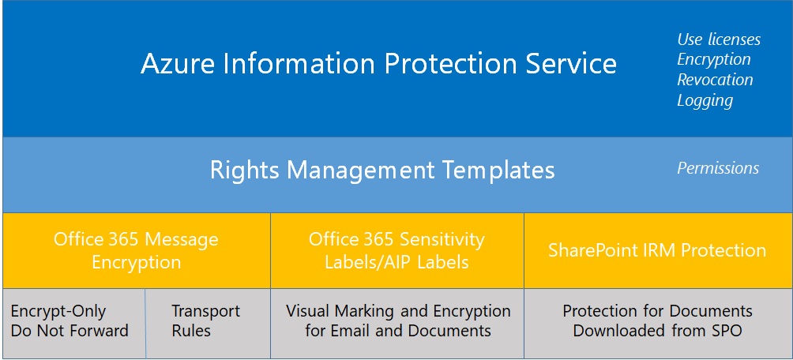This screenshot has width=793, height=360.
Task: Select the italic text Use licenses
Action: [x=719, y=39]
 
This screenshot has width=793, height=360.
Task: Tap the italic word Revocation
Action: [x=715, y=80]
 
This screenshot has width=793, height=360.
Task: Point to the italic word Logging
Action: [x=705, y=100]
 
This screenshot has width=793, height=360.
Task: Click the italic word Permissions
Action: [x=718, y=168]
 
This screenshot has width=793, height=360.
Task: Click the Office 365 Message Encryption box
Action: [x=136, y=250]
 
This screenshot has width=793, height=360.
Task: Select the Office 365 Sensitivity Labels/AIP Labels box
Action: [x=396, y=250]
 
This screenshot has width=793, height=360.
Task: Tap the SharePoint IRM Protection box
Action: [x=657, y=250]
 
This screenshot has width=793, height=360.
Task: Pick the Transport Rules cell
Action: [x=206, y=321]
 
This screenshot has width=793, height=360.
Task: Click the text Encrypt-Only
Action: [x=58, y=311]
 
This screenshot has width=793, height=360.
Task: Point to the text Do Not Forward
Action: [x=70, y=331]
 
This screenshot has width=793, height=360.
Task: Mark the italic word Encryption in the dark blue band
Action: [x=714, y=59]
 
